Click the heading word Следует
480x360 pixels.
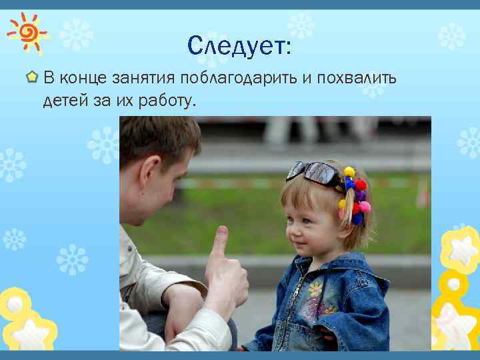pos(239,46)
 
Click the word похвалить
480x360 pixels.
pos(355,79)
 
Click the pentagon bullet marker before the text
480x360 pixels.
pos(31,79)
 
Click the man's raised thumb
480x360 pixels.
pos(219,240)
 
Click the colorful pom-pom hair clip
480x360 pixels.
pos(353,193)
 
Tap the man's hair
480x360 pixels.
pos(157,137)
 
